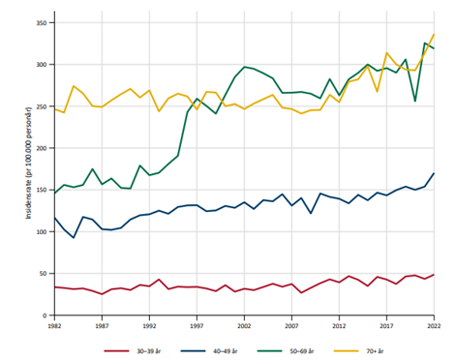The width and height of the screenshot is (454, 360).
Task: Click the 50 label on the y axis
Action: [x=44, y=274]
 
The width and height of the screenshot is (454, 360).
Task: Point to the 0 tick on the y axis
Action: [x=46, y=315]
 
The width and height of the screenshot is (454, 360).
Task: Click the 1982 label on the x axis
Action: [x=55, y=327]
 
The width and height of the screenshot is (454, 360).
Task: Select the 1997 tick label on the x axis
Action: [x=197, y=327]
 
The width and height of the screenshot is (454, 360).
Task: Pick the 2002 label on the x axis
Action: [x=244, y=327]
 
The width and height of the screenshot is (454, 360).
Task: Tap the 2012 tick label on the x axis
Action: [x=339, y=327]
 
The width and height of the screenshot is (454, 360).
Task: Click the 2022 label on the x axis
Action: [x=433, y=327]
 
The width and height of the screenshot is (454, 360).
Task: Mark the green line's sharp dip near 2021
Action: [x=414, y=101]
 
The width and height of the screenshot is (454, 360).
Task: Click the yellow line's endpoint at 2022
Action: [x=433, y=35]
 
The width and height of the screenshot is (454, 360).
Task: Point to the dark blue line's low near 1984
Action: [x=74, y=237]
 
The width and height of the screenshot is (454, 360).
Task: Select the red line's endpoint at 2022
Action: [x=433, y=275]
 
